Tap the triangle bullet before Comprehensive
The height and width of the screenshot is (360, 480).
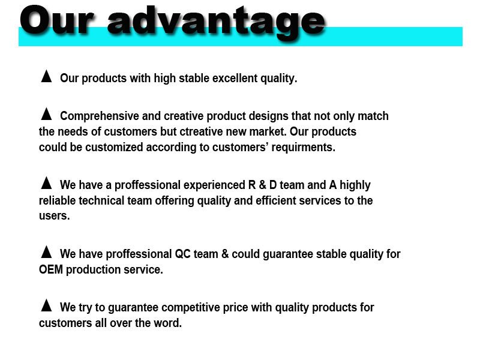coord(46,114)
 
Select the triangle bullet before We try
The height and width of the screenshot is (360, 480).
coord(46,305)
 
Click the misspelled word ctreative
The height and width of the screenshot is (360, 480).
coord(201,131)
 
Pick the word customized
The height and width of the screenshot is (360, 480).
coord(114,147)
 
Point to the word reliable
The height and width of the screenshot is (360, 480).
coord(57,200)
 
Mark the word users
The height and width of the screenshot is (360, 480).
coord(54,216)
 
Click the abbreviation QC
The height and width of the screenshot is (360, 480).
coord(182,254)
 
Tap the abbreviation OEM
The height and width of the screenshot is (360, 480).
coord(51,269)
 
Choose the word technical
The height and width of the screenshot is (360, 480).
coord(101,200)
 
